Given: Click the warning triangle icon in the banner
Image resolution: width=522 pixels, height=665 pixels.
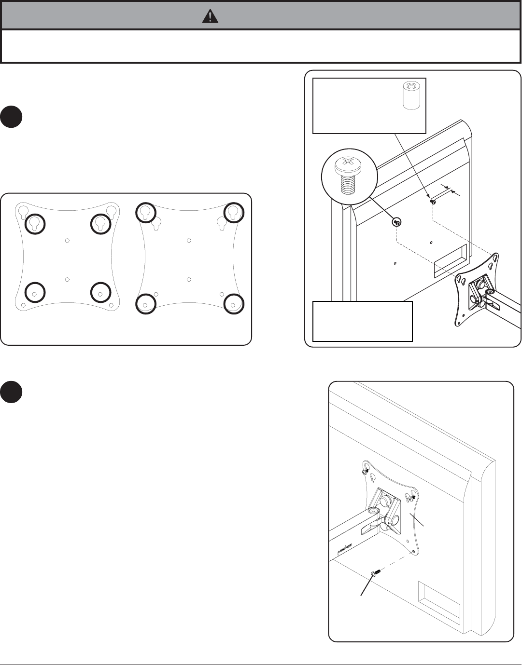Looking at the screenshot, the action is click(210, 17).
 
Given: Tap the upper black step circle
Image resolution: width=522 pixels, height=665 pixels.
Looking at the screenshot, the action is click(11, 117).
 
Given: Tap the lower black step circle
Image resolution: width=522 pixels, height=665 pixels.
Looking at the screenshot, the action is click(11, 392).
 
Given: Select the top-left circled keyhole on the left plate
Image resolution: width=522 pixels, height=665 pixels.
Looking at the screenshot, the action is click(35, 223).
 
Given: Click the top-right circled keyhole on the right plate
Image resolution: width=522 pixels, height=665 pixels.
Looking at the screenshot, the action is click(234, 212).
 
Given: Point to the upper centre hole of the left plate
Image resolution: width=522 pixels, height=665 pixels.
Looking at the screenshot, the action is click(67, 240).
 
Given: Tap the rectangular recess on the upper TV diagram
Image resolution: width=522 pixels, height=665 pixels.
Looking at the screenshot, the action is click(450, 261).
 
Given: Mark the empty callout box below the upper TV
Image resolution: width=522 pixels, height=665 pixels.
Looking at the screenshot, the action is click(362, 321).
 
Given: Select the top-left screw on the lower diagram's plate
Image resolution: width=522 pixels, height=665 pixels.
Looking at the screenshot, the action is click(366, 471).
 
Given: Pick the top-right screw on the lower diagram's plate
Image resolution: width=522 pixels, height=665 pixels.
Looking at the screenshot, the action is click(414, 496).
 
